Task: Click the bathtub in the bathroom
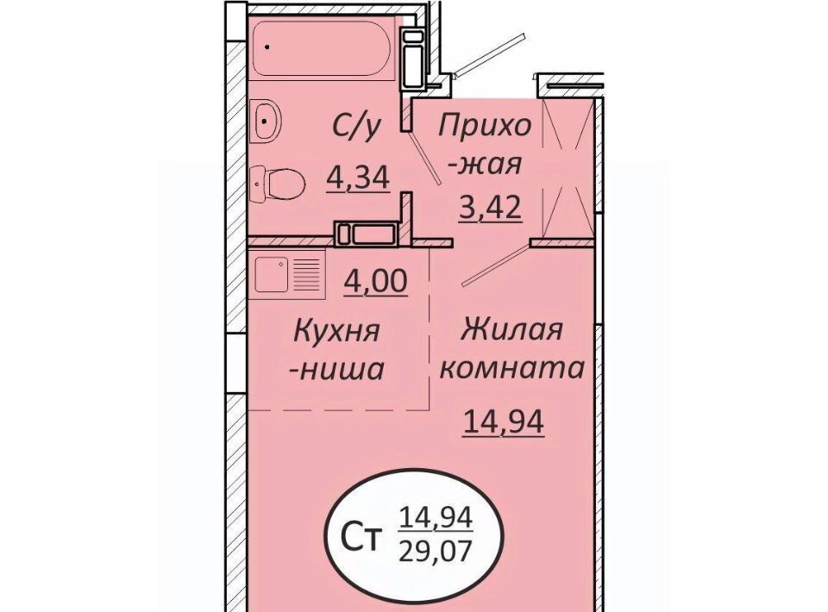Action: (322, 48)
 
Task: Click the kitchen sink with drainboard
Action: (288, 274)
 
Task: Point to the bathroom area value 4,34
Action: (358, 178)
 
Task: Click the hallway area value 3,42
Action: (490, 208)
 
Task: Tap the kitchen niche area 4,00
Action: (375, 281)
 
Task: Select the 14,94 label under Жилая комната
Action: (503, 422)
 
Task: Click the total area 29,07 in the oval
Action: (435, 553)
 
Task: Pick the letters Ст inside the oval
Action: (361, 538)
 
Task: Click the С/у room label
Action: (356, 128)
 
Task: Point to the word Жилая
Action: (512, 331)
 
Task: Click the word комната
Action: (512, 368)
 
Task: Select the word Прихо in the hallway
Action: (485, 127)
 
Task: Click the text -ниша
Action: (336, 369)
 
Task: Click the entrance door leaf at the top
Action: (490, 54)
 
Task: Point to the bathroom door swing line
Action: (424, 157)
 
